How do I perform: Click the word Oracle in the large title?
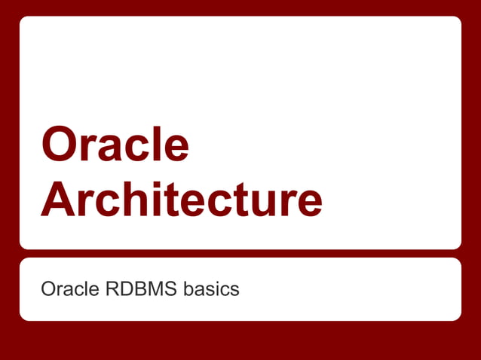(x=115, y=145)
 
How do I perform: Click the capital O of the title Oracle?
(x=61, y=145)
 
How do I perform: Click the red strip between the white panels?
(x=240, y=254)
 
